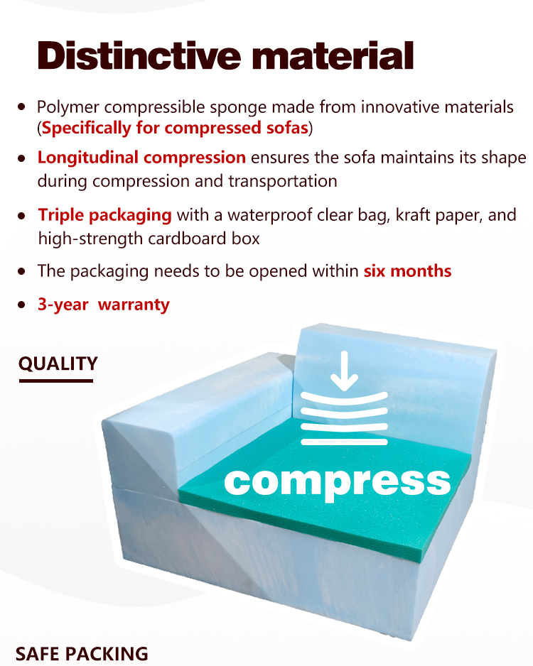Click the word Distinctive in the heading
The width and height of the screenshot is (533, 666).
[139, 55]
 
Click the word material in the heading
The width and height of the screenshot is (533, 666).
[333, 55]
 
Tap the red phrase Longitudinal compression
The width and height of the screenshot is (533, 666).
[141, 158]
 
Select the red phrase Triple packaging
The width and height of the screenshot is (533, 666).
[105, 215]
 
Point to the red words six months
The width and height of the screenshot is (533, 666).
[408, 271]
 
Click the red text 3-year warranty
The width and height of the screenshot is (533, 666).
[104, 305]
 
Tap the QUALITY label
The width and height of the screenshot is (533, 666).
[58, 364]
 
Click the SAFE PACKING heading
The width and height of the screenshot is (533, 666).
[82, 654]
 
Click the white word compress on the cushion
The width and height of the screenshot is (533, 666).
[338, 483]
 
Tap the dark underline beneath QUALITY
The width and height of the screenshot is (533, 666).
[56, 381]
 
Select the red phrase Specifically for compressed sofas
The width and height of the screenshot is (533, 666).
[175, 129]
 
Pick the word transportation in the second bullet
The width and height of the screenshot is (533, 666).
[283, 181]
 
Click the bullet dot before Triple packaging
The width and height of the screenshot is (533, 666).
[22, 215]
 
